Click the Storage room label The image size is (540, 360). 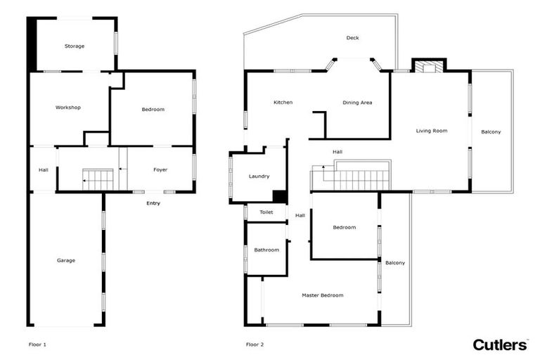pos(75,46)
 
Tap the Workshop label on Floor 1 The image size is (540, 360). pos(68,108)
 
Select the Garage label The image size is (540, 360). pos(66,260)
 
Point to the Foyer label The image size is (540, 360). pos(160,170)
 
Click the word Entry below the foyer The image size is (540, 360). pos(153,203)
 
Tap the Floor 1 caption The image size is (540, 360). pos(37,345)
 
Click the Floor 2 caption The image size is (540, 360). pos(255,345)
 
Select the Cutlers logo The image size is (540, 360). pos(500,345)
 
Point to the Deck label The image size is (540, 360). pos(353,38)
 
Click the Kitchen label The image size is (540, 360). pos(283,103)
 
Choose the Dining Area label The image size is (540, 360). pos(357,103)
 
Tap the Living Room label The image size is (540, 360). pos(432,131)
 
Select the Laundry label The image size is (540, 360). pos(259,176)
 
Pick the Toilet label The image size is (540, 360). pos(266,212)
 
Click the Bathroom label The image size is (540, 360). pos(266,250)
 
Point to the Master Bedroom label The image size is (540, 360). pos(323,295)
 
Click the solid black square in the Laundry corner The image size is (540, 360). pos(280,197)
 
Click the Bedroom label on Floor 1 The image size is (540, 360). pos(153,110)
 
